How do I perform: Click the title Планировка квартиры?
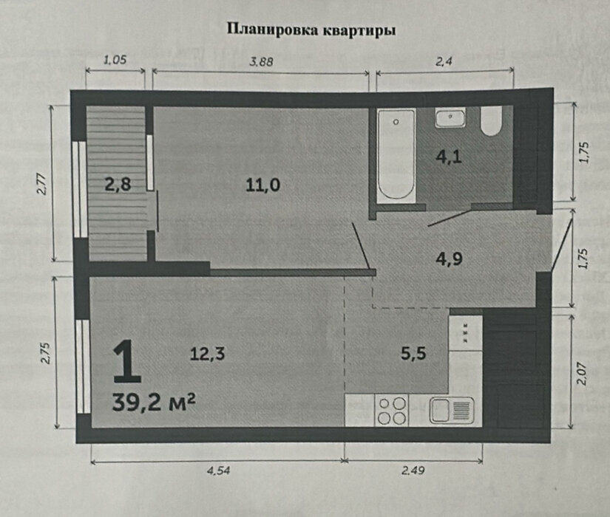311,30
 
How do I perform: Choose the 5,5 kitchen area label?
413,354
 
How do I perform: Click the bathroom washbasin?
450,118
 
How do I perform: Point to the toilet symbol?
491,121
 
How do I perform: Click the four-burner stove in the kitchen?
392,411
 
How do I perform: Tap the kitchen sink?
450,410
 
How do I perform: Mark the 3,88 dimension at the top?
262,62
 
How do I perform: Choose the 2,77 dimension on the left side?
41,182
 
